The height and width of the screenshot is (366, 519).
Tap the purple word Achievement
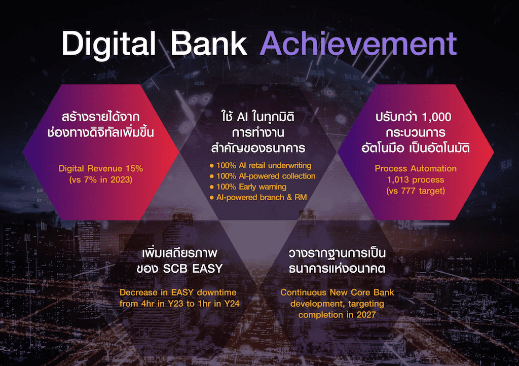point(358,44)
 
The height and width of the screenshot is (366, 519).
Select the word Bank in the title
point(209,44)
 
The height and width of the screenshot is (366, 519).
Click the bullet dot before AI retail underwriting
point(211,165)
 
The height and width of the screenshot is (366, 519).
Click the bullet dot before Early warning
point(211,187)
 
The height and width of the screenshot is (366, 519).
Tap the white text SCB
point(175,268)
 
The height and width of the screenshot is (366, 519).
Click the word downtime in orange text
point(216,292)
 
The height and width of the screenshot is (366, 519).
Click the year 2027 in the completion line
point(366,315)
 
